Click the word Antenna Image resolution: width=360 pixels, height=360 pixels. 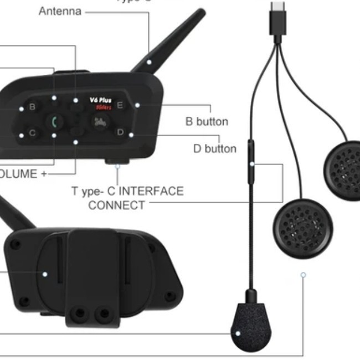click(60, 11)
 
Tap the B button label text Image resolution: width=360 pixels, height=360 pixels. click(207, 121)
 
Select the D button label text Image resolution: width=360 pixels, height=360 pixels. click(214, 148)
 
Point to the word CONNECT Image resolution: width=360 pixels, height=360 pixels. click(117, 205)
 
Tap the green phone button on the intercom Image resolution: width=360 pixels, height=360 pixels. click(54, 122)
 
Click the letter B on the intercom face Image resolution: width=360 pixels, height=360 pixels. click(32, 106)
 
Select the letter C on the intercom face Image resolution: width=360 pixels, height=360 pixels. click(32, 133)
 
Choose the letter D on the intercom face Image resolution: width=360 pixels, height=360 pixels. click(120, 132)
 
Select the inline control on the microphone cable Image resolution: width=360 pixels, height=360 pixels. click(251, 156)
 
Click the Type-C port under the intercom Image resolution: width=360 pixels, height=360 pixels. click(117, 161)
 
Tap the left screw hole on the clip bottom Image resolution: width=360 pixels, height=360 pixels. click(81, 314)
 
